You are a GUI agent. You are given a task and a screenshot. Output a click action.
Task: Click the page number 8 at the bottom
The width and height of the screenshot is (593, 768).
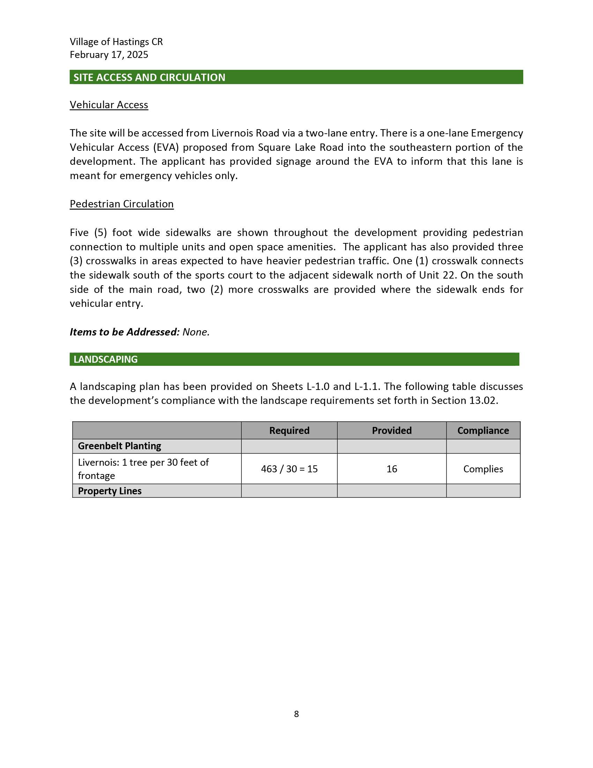pos(296,714)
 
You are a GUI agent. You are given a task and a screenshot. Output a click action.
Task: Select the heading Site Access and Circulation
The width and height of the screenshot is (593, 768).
pos(149,77)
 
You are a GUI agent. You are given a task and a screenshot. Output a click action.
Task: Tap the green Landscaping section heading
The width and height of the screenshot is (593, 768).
pos(105,359)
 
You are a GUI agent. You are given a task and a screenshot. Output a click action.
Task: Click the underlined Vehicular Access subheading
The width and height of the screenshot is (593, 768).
pos(109,105)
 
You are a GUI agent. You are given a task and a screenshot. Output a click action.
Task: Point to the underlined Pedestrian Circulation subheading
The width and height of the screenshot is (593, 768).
pos(121,204)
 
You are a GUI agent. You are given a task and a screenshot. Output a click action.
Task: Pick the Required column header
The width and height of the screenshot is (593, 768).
pos(289,430)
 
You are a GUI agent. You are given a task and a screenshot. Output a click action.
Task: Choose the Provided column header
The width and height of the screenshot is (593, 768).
pos(392,430)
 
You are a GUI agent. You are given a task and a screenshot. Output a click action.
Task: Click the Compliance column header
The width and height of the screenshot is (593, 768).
pos(483,430)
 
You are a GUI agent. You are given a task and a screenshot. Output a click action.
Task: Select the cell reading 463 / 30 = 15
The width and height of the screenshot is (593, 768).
pos(289,469)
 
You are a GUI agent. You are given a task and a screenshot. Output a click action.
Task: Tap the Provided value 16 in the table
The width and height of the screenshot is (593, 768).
pos(392,469)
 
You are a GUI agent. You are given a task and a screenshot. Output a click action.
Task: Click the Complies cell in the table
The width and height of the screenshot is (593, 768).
pos(483,469)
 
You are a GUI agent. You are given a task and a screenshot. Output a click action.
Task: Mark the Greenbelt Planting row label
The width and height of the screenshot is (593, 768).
pos(119,446)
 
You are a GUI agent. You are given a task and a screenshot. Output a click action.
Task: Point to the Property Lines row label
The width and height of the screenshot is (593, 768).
pos(110,491)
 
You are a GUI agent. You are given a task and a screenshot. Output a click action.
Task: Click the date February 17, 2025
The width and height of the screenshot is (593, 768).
pos(109,55)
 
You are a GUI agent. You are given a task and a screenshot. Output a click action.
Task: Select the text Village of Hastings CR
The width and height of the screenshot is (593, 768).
pos(116,42)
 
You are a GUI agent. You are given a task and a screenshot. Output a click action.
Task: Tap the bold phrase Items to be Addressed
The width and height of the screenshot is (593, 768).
pos(125,332)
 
